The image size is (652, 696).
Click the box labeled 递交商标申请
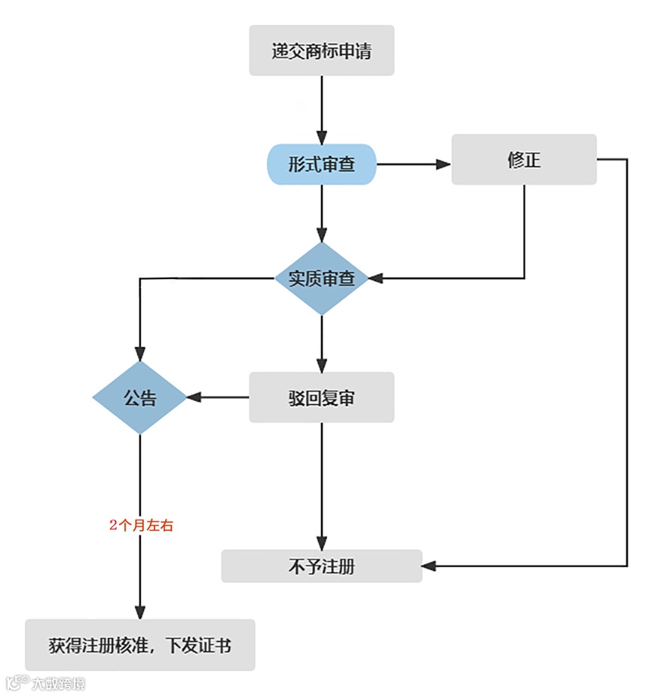point(321,51)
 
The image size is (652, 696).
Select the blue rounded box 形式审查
point(321,164)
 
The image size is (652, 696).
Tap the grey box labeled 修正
point(524,159)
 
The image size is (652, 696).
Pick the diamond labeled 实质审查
point(321,278)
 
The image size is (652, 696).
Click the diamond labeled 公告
point(139,397)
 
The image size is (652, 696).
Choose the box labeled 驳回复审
point(321,397)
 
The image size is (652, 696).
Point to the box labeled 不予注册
point(321,566)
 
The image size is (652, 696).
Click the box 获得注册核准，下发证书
point(139,645)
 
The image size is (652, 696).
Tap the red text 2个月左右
point(141,526)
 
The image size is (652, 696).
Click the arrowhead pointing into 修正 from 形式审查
point(444,164)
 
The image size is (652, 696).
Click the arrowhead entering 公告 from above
point(139,354)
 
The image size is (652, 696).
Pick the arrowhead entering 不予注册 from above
point(321,543)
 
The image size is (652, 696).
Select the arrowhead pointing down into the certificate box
point(139,612)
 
